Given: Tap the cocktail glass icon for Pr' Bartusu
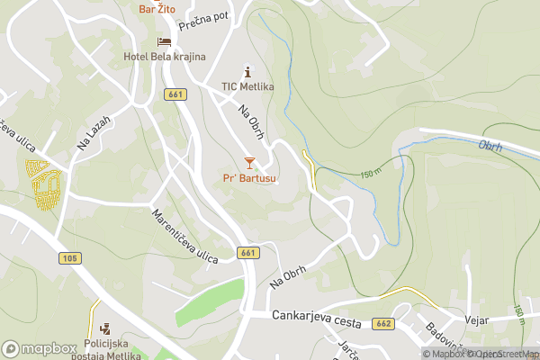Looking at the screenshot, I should point(249,163).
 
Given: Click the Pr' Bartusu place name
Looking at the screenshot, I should point(249,178).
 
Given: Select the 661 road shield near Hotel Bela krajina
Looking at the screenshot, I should point(175,94).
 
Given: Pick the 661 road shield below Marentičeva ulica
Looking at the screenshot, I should point(249,253).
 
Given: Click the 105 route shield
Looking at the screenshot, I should point(70,258).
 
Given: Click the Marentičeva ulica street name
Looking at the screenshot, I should point(185,237).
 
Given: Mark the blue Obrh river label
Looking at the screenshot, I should point(490,145).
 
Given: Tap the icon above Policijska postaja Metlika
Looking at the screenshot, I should point(106,328).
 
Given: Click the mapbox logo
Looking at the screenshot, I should point(40,348).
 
